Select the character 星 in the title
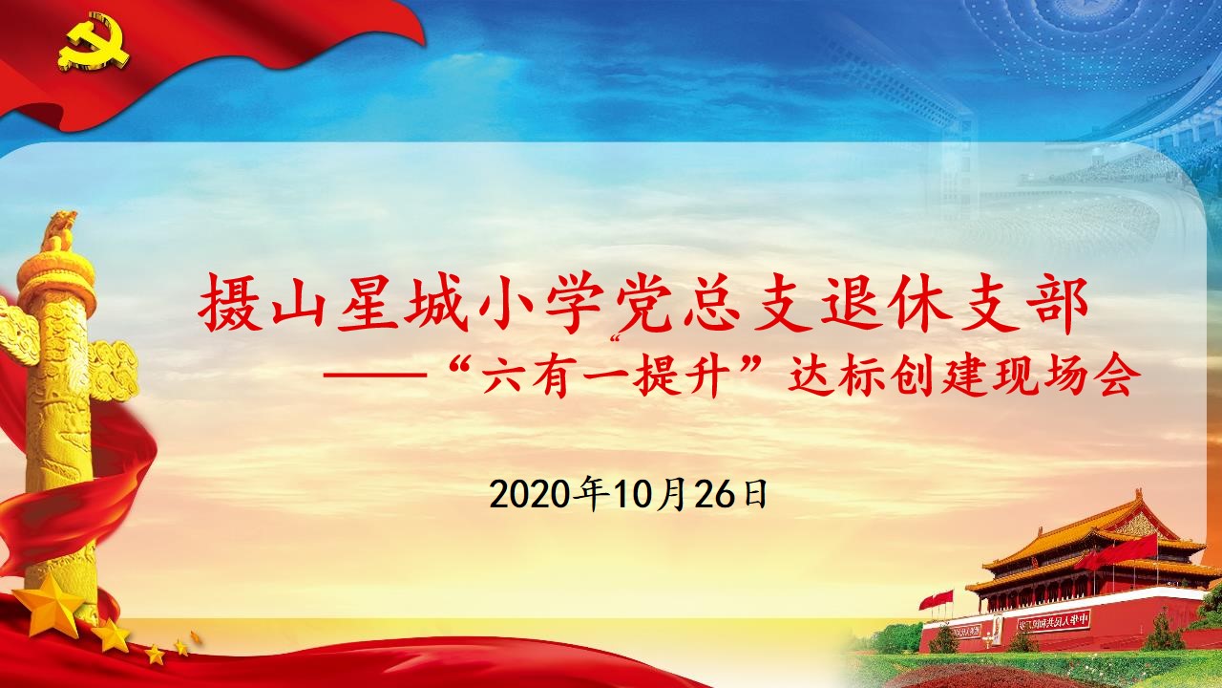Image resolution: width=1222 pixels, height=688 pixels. pos(368,302)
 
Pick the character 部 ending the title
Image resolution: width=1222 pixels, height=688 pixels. pos(1057,302)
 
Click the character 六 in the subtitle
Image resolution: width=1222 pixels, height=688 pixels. pos(502,376)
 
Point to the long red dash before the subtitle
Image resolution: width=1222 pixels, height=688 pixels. pos(374,376)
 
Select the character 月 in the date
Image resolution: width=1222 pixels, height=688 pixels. pos(671,495)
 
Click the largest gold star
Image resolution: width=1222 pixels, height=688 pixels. pos(48,604)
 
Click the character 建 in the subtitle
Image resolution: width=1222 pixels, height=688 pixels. pos(964,376)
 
